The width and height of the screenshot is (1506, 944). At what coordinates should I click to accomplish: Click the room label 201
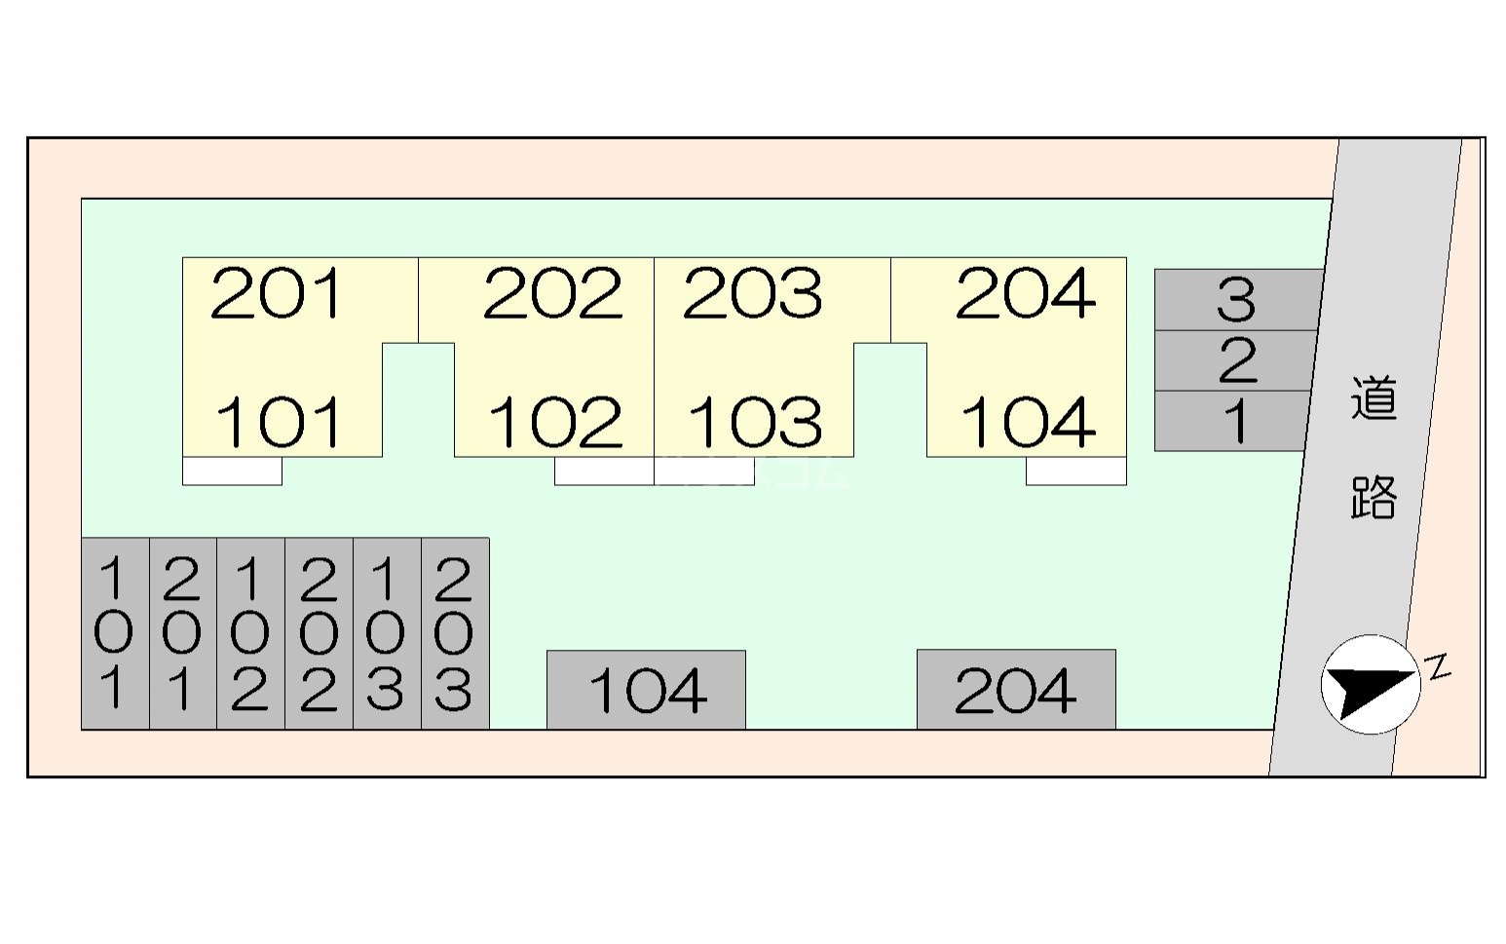(277, 293)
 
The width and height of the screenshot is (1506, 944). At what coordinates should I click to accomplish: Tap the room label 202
(552, 293)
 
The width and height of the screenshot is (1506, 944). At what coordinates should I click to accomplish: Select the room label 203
(752, 293)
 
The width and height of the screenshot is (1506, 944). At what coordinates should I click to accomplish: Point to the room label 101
(278, 422)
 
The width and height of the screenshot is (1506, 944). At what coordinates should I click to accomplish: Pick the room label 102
(555, 422)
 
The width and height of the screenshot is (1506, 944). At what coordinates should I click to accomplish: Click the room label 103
(755, 422)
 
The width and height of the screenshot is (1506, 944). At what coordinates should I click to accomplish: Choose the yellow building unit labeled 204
(1026, 293)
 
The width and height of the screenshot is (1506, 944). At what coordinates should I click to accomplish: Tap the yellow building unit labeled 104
(1028, 422)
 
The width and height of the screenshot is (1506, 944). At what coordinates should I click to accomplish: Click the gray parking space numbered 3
(1238, 300)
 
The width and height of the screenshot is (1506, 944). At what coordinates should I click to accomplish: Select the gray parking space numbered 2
(1236, 360)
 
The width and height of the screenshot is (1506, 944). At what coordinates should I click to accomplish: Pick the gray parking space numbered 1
(1231, 421)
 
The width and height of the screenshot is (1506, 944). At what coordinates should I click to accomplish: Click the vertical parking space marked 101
(115, 633)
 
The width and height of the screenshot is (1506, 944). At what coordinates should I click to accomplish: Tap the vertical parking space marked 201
(183, 633)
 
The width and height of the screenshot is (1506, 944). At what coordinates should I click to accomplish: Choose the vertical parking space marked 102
(250, 633)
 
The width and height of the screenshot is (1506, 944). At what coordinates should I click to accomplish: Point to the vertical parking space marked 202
(320, 633)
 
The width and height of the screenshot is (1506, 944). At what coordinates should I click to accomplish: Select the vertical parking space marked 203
(455, 633)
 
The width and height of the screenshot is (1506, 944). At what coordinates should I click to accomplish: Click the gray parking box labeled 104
(646, 690)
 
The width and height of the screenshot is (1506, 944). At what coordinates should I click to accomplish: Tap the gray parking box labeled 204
(1017, 689)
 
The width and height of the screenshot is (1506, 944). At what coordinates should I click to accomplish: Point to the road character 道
(1374, 398)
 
